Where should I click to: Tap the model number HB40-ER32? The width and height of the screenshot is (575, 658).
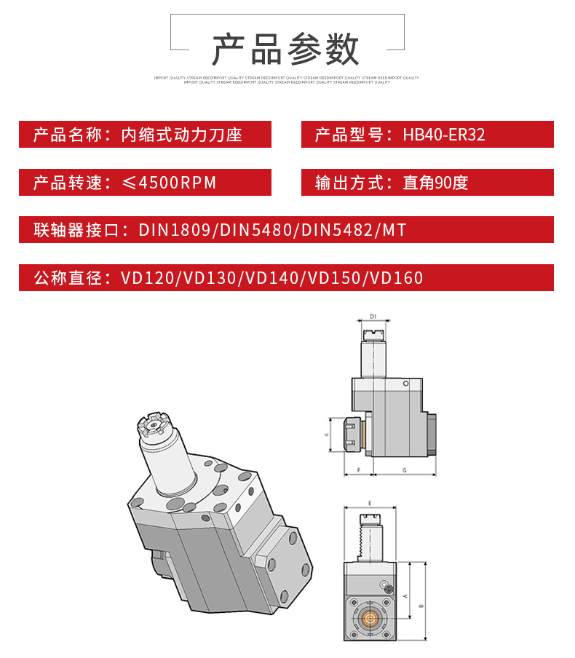444,135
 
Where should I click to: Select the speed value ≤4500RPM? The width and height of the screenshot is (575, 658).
170,183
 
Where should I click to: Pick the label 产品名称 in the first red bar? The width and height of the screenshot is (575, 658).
66,135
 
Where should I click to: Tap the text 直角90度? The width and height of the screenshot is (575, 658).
435,183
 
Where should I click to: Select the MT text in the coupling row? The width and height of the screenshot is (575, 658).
393,231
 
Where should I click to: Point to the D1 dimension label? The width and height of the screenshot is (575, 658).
373,317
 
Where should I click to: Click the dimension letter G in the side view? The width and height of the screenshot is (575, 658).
404,471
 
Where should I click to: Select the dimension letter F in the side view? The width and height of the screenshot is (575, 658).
359,471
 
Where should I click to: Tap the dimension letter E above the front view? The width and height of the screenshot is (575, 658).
370,503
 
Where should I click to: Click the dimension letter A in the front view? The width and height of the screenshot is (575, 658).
405,594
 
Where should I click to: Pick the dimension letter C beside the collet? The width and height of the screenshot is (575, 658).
327,434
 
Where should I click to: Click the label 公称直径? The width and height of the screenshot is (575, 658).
66,278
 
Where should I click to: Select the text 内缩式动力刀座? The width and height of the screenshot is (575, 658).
182,135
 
